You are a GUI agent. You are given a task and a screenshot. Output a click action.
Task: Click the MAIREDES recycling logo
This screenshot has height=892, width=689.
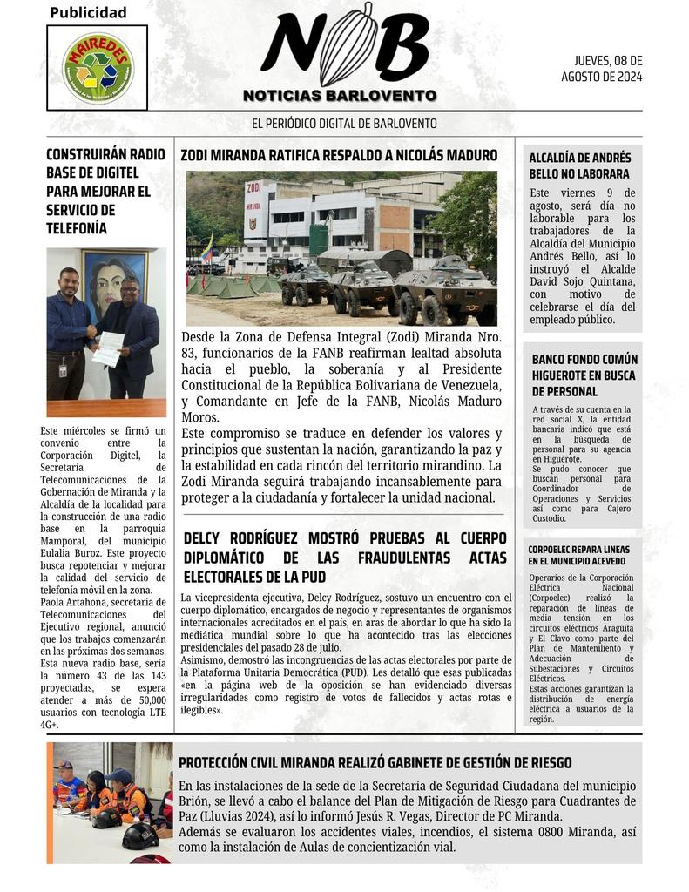point(98,67)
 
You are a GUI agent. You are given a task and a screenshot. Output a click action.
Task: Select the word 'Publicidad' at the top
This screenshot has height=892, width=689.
point(88,12)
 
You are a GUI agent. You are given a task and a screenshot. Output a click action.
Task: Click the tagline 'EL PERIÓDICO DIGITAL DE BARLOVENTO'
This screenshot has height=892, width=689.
point(344,124)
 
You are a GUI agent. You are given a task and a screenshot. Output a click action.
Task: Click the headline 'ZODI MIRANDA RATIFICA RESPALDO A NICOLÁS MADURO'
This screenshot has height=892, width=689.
point(339,156)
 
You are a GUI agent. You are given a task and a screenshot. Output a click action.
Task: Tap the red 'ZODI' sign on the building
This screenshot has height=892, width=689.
point(254,187)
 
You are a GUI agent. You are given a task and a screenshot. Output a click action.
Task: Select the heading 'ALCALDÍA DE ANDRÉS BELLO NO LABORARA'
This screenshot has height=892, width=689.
point(579,166)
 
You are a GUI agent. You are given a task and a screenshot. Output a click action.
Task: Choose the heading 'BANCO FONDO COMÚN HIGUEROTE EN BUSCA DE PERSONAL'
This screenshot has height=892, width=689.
point(584,375)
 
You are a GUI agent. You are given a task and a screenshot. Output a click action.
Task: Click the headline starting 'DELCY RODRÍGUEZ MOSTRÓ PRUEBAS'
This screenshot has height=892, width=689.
point(344,557)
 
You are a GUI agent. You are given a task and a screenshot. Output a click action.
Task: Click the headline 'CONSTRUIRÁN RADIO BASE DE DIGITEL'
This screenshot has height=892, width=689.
point(105,191)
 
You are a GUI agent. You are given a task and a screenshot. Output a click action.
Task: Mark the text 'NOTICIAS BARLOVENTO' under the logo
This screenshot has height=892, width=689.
point(340,95)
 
